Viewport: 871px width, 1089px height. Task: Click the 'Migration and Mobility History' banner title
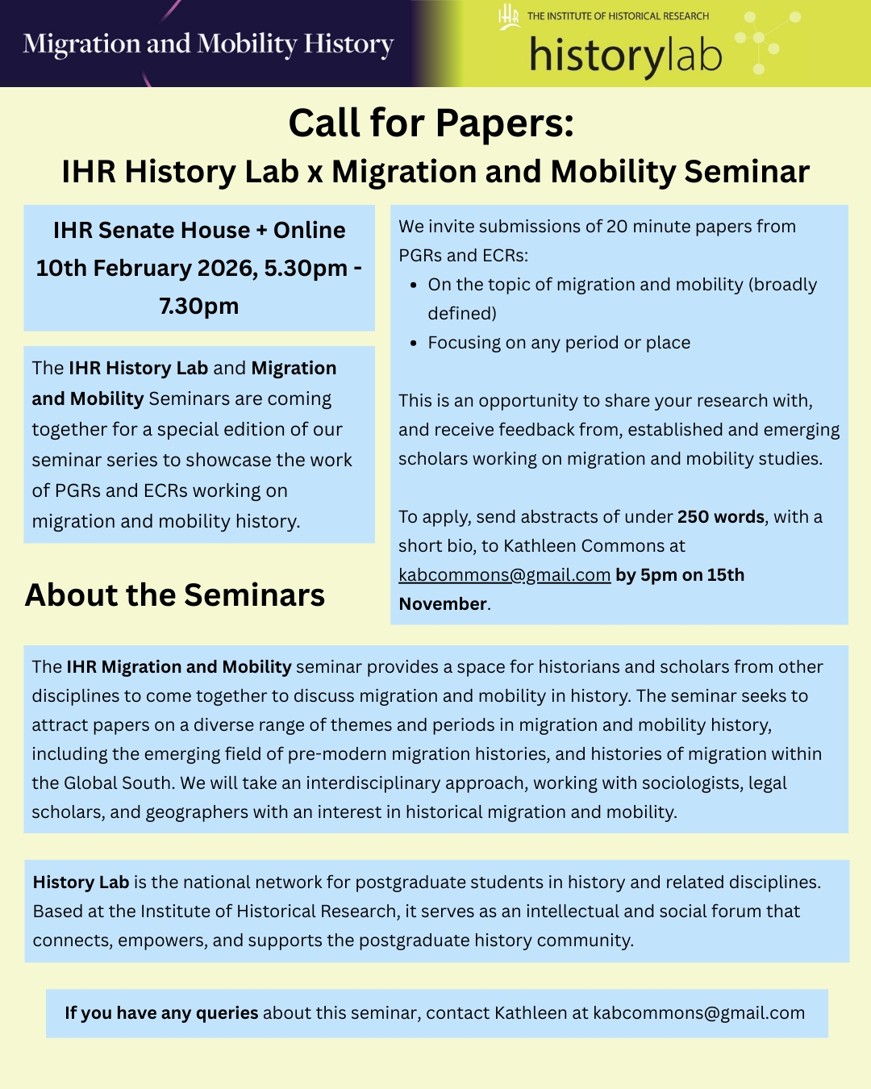(x=208, y=44)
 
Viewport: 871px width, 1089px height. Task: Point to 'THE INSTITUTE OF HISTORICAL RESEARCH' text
(x=618, y=16)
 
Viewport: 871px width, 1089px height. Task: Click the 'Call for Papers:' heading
(x=431, y=123)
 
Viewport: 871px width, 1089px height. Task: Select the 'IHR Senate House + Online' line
(x=199, y=230)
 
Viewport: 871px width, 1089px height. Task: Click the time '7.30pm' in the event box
(x=199, y=307)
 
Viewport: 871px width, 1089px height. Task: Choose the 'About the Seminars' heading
(x=175, y=595)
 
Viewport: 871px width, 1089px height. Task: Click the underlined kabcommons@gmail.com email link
(x=504, y=575)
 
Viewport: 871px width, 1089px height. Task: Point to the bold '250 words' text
(x=720, y=517)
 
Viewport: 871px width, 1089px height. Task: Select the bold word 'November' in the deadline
(x=443, y=604)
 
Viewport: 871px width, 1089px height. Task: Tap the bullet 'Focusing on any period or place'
(x=559, y=343)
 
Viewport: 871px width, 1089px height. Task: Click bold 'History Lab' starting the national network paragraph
(x=81, y=882)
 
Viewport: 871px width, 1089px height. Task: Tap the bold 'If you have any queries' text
(x=161, y=1013)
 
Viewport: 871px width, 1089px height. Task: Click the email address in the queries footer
(x=698, y=1013)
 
